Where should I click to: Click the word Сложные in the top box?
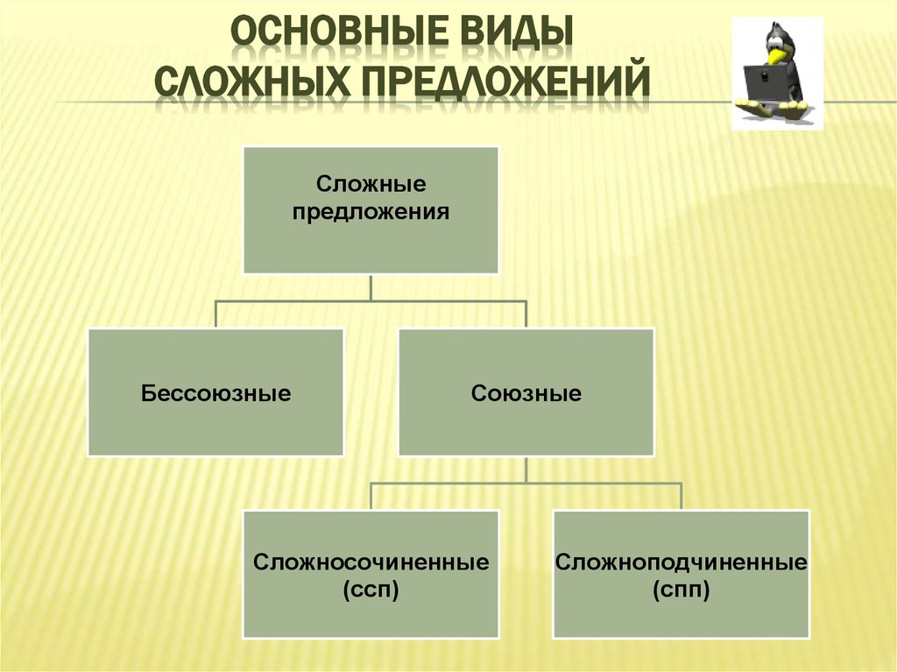click(x=371, y=185)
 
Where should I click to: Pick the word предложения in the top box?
click(x=371, y=211)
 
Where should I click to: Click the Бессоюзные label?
click(x=215, y=393)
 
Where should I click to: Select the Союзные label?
click(x=526, y=393)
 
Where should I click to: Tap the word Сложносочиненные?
click(x=371, y=562)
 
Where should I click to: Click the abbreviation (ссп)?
click(x=371, y=591)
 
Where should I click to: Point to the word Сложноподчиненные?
click(x=681, y=562)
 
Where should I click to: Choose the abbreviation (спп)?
click(x=681, y=591)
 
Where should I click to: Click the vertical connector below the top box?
click(x=371, y=286)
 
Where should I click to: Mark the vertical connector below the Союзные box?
click(x=526, y=469)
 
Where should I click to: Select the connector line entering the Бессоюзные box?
click(x=215, y=315)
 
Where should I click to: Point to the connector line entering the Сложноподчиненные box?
click(x=681, y=497)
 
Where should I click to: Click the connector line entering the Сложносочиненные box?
click(x=371, y=497)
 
